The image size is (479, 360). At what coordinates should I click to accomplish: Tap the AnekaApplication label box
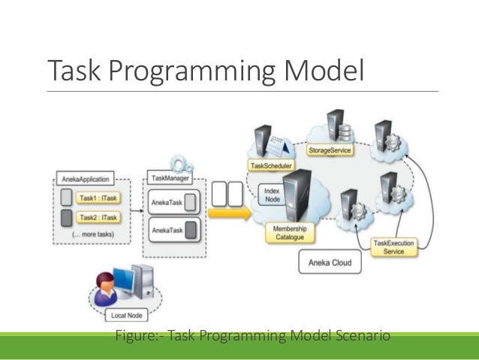pos(86,180)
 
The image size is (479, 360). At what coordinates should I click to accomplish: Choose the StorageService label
pos(330,150)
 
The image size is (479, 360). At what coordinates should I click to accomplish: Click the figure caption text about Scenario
pos(253,334)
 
